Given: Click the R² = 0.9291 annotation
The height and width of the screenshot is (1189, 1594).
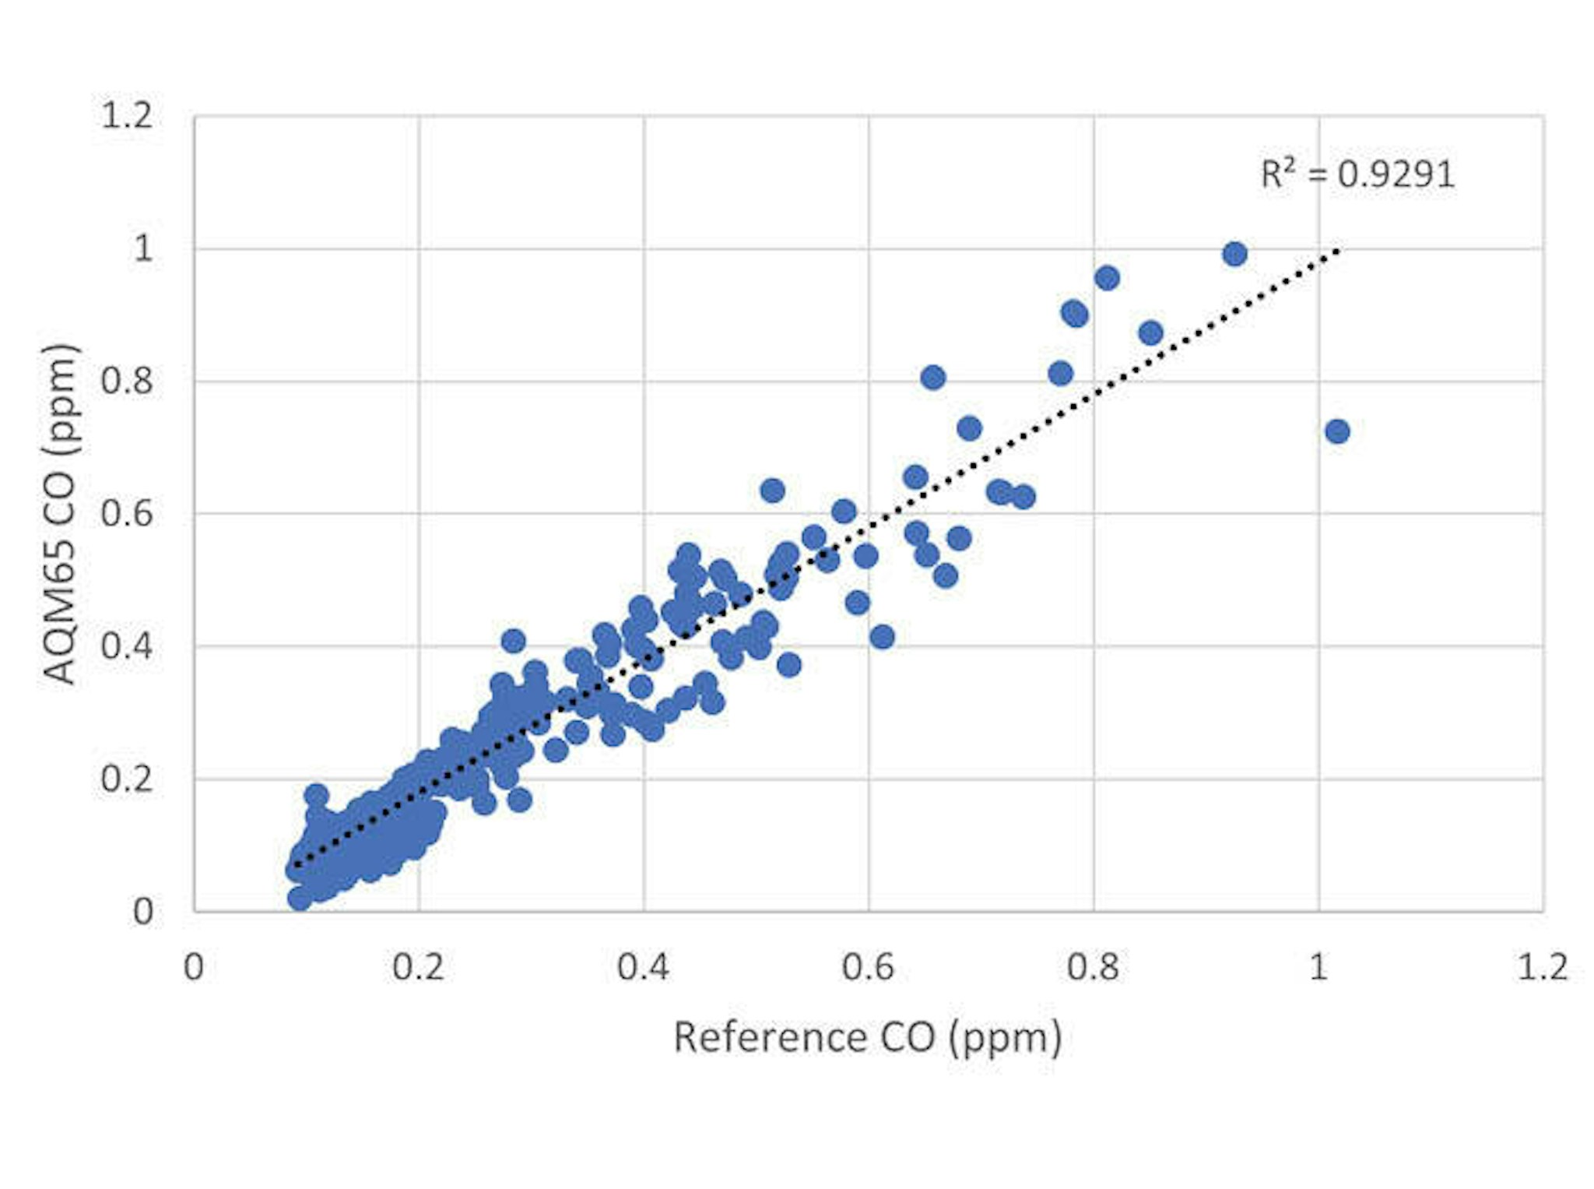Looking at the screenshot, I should pos(1357,174).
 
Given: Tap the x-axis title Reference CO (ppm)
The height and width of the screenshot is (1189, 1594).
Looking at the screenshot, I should pos(867,1037).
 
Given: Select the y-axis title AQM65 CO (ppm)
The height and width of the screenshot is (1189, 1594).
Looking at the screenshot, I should pos(61,514).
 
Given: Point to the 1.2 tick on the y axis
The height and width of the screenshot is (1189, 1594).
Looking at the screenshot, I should pos(127,116).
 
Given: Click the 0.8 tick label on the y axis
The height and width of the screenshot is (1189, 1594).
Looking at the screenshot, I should pos(127,382).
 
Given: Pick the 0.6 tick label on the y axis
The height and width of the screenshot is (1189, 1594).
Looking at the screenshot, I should pos(127,514).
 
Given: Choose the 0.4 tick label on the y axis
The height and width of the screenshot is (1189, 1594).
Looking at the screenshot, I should pos(127,646).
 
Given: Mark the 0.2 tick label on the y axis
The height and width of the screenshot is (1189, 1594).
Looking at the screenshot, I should pos(127,779).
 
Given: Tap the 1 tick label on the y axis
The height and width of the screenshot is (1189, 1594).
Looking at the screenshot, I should pos(143,249).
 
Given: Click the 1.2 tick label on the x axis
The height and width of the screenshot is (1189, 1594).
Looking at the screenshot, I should pos(1543,967).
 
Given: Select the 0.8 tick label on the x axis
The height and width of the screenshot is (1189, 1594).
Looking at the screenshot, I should pos(1093,967).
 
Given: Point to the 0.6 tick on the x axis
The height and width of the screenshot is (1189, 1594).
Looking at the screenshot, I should pos(868,967).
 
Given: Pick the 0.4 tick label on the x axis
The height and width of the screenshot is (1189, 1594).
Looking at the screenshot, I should pos(643,967).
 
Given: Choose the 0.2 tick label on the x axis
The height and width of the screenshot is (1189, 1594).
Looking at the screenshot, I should pos(418,967).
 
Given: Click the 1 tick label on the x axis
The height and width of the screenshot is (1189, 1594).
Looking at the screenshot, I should pos(1318,967).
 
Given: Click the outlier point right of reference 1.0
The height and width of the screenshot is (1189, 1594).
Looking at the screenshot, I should pos(1337,431).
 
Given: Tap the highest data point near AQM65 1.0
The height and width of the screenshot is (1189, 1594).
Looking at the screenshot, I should pos(1234,254).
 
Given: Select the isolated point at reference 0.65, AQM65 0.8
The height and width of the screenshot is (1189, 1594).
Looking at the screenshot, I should pos(932,378).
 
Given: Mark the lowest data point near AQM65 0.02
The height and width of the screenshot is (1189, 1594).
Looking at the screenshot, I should pos(300,899).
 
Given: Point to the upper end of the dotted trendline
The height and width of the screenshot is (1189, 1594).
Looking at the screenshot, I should pos(1337,250).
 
